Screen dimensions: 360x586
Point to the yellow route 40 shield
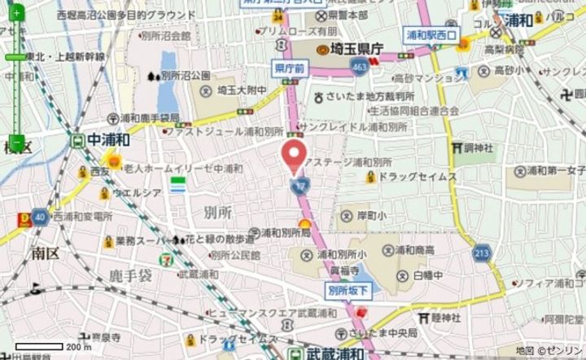coord(39,217)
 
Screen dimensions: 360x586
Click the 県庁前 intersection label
coord(290,71)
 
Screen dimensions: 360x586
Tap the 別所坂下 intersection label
coord(349,289)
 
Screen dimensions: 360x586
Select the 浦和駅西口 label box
coord(432,35)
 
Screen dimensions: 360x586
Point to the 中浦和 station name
coord(110,139)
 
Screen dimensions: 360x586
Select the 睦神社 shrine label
coord(445,318)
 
